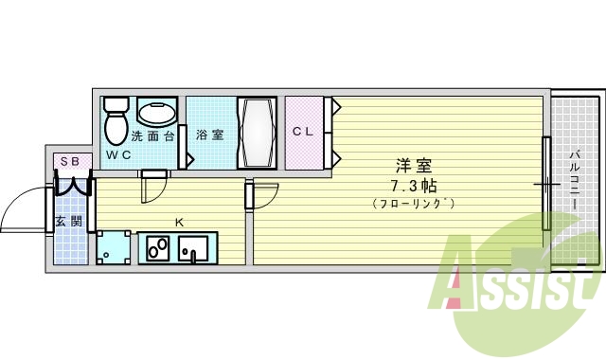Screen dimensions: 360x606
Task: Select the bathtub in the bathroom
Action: [256, 133]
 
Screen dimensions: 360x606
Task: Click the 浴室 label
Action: [209, 135]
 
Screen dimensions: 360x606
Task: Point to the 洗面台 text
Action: [152, 135]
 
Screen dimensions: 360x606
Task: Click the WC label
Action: [117, 154]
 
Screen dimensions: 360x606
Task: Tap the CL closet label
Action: [302, 131]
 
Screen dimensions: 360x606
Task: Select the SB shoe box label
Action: [70, 161]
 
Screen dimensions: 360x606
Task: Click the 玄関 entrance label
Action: [68, 222]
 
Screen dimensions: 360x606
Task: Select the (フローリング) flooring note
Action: [413, 203]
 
